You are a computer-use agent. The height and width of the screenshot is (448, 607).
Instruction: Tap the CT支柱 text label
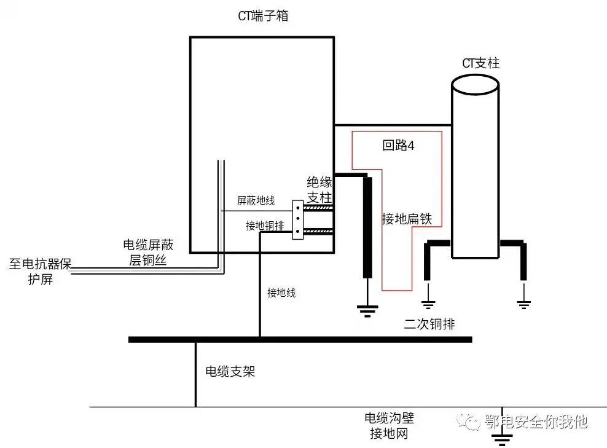pos(480,63)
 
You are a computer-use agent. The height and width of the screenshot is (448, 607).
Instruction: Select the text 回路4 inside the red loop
pos(399,146)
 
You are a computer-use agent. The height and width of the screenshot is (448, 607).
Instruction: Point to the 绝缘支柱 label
pos(319,190)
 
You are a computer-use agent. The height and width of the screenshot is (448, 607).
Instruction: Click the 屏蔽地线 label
pos(256,200)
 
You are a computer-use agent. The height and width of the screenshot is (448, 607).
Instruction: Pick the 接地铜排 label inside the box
pos(265,226)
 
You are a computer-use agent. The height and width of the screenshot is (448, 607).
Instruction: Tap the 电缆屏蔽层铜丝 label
pos(148,253)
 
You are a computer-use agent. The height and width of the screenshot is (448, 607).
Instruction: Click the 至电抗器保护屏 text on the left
pos(41,272)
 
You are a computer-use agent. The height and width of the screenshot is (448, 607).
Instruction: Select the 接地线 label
pos(281,293)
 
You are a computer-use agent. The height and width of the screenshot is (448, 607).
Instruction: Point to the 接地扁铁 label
pos(407,219)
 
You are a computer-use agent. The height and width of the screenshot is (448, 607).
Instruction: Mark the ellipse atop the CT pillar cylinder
pos(474,85)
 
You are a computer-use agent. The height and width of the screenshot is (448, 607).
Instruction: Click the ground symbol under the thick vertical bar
pos(368,310)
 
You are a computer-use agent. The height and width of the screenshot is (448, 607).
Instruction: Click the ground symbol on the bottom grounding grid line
pos(504,438)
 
